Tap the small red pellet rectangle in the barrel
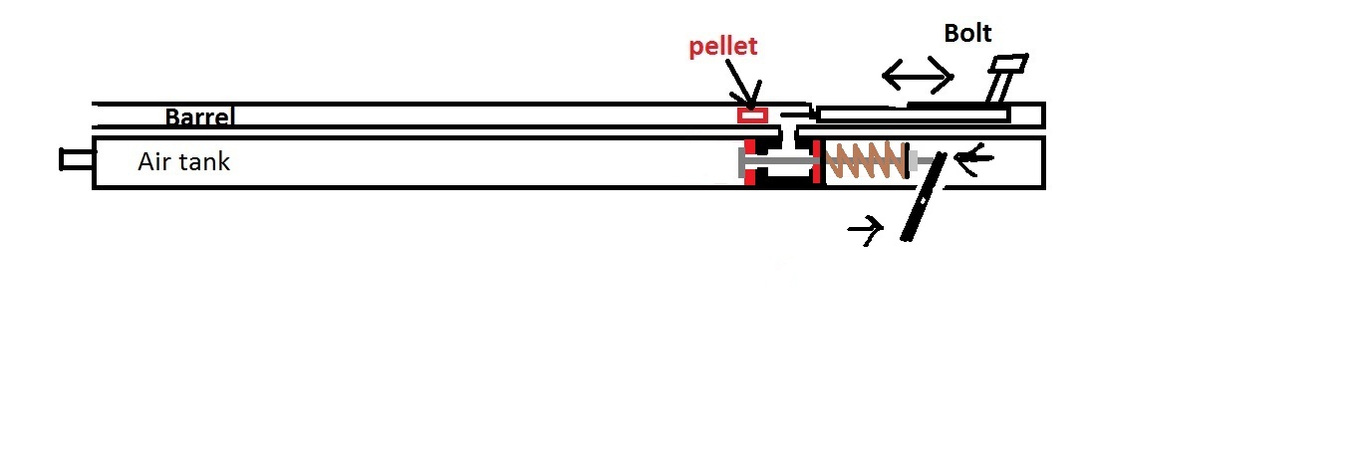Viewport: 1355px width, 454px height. (x=752, y=115)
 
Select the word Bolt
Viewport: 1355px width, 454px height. (x=967, y=34)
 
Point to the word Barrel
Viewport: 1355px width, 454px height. (x=199, y=117)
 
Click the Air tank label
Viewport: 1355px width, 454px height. (x=183, y=161)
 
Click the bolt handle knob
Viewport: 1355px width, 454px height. (x=1009, y=66)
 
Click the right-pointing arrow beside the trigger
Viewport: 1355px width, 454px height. (x=866, y=231)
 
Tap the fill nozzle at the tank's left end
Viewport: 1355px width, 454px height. (x=77, y=158)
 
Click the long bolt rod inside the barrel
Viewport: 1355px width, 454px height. (x=912, y=115)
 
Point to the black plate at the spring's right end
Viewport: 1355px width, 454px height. (x=908, y=160)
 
